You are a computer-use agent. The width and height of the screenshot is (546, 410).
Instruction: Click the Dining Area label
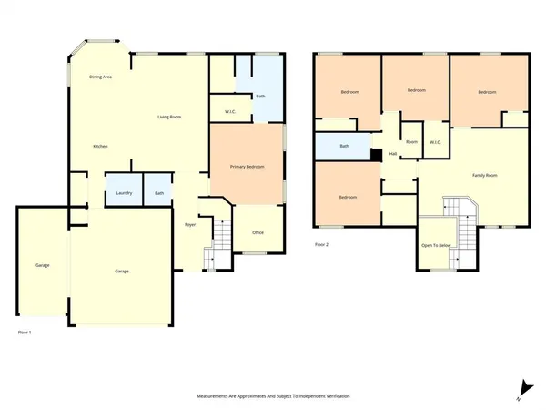tap(101, 77)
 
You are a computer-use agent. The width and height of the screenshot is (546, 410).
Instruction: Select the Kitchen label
tap(101, 146)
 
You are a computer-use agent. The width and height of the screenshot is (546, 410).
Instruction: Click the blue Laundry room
tap(123, 192)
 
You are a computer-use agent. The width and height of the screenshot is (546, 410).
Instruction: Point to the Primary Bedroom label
tap(247, 167)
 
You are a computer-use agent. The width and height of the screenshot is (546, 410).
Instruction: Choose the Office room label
tap(258, 232)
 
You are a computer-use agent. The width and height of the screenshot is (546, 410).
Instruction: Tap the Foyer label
tap(191, 223)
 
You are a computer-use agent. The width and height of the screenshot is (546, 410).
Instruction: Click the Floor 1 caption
tap(25, 333)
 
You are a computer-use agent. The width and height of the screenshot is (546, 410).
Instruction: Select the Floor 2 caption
tap(321, 244)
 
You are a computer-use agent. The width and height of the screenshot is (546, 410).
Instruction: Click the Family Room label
tap(484, 174)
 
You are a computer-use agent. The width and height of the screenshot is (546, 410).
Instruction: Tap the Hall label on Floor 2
tap(392, 153)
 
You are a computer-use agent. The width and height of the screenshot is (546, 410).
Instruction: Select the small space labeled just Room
tap(411, 141)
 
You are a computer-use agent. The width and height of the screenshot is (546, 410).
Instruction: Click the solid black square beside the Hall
tap(374, 155)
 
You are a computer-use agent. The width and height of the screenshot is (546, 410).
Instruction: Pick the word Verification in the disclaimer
tap(333, 396)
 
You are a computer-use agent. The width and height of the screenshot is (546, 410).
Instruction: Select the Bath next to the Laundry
tap(159, 192)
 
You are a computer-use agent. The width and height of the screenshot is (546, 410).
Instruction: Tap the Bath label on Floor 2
tap(344, 146)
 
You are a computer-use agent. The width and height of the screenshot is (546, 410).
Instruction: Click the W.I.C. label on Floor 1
tap(230, 112)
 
